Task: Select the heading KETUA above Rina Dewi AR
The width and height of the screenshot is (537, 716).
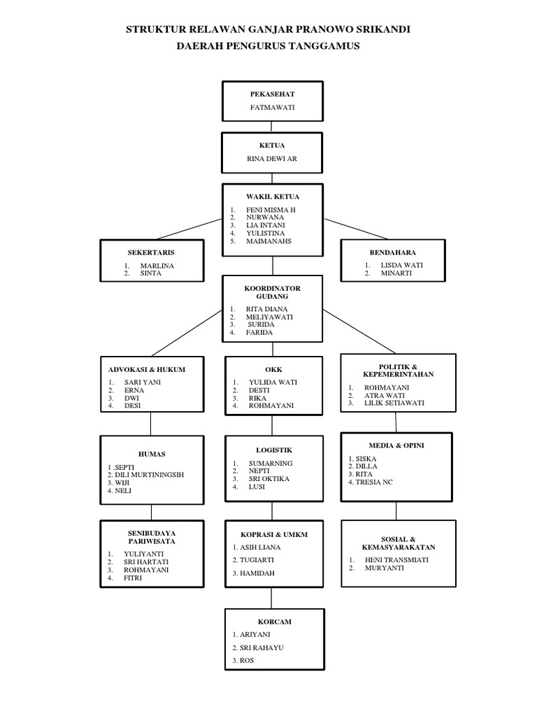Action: (x=273, y=145)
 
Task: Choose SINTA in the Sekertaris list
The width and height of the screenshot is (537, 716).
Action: (x=150, y=273)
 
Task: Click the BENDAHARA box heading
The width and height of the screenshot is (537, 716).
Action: (x=392, y=252)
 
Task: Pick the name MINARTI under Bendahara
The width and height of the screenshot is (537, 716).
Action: (x=396, y=273)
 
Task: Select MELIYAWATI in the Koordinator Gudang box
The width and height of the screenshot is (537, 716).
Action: (x=269, y=317)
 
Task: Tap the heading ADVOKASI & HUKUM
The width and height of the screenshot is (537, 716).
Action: (x=146, y=369)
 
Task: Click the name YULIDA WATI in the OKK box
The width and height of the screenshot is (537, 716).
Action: (x=273, y=382)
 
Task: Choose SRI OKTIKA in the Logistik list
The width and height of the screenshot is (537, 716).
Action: (x=269, y=479)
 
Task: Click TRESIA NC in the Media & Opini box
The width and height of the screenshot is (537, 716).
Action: (x=374, y=482)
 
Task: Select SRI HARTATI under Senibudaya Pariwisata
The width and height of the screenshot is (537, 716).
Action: (x=146, y=561)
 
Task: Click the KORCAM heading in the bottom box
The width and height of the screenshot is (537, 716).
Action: (x=274, y=621)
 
